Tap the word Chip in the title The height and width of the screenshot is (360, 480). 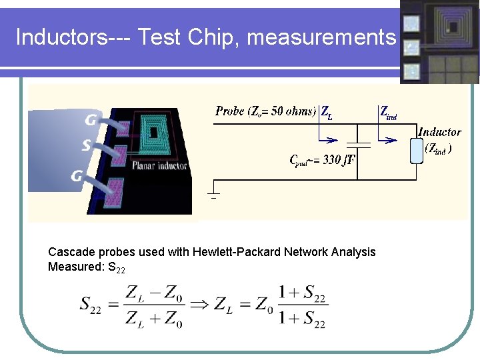(x=215, y=37)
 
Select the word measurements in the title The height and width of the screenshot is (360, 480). (x=321, y=37)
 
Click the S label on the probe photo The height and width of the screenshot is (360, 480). (x=87, y=145)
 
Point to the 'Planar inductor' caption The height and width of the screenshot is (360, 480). (x=159, y=166)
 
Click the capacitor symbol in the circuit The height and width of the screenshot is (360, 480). (x=358, y=143)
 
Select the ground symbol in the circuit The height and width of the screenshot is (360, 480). (x=214, y=195)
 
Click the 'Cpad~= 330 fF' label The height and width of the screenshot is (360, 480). (x=321, y=160)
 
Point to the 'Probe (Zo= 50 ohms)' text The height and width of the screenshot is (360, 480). (x=265, y=111)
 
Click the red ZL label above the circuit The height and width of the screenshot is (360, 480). (x=327, y=113)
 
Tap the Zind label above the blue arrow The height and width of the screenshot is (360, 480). (x=388, y=113)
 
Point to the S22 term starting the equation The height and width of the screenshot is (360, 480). (x=95, y=305)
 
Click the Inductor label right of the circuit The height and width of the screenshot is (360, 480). (x=439, y=132)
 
